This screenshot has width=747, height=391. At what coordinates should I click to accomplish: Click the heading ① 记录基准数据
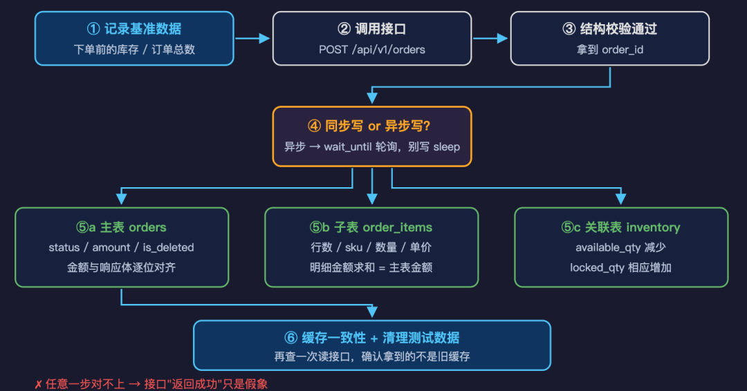(x=134, y=29)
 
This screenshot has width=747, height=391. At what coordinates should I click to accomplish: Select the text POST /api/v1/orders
(x=372, y=50)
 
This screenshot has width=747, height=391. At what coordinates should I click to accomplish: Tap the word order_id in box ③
(x=622, y=50)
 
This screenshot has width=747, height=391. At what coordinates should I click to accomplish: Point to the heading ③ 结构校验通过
(x=610, y=29)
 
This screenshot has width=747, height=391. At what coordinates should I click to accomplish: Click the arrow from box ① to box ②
(x=252, y=39)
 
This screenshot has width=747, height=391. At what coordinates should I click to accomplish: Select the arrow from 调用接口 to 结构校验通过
(x=490, y=39)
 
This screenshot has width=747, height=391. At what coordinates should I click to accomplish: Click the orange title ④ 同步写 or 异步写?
(x=369, y=126)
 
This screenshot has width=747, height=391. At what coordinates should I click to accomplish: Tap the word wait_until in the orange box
(x=348, y=146)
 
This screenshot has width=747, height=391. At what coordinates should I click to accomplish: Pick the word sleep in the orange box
(x=447, y=146)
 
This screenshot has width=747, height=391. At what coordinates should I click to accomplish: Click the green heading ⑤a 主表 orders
(x=122, y=227)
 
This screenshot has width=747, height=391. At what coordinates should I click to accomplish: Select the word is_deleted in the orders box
(x=169, y=247)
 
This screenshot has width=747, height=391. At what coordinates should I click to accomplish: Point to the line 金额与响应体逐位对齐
(x=122, y=267)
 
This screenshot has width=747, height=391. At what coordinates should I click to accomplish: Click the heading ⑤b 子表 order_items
(x=371, y=227)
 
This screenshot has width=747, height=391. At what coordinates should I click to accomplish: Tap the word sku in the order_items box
(x=353, y=247)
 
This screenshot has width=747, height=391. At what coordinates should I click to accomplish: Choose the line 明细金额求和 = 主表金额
(x=371, y=267)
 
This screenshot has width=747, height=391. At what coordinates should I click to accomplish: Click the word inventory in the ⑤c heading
(x=653, y=227)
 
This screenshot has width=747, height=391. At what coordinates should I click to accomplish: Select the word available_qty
(x=608, y=247)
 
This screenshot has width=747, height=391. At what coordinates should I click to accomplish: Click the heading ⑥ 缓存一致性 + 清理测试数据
(x=372, y=338)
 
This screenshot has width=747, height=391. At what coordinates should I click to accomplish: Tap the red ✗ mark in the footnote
(x=38, y=384)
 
